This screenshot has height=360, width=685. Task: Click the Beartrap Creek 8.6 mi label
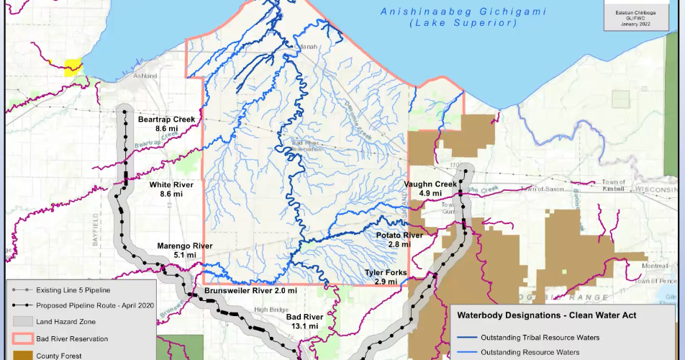166,123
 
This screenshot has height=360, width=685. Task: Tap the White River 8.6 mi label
171,189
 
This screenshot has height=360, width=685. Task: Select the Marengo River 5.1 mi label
185,250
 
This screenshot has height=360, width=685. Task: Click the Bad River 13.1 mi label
304,321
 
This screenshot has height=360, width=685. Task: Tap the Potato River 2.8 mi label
399,240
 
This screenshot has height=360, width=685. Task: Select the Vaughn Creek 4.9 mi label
430,189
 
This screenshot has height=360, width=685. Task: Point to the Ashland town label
145,76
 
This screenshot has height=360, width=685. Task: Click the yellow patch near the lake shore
73,68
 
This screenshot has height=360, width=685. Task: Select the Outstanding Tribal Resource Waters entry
540,337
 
